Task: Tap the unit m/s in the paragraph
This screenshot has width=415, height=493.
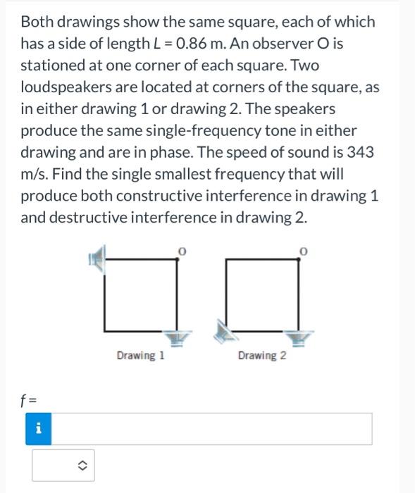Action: click(35, 173)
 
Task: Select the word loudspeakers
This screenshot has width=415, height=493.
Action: click(62, 87)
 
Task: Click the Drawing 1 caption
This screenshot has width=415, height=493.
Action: click(140, 356)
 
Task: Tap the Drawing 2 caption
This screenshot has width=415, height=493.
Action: click(261, 356)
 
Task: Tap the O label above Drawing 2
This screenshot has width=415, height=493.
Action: click(303, 250)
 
